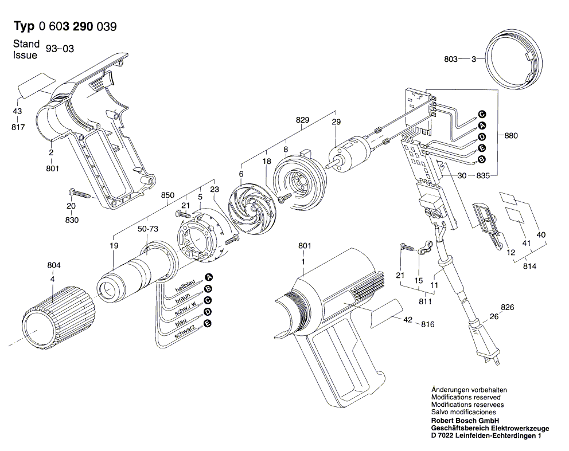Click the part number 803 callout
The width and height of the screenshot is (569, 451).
click(x=450, y=58)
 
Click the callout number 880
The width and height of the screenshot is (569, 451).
click(x=510, y=136)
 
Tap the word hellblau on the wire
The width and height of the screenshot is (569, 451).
click(x=185, y=286)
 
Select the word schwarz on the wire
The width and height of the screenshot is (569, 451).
click(x=184, y=331)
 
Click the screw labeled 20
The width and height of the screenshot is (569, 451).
click(x=80, y=193)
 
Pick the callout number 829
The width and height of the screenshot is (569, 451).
click(x=302, y=120)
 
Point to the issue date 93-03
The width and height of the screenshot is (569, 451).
click(x=60, y=49)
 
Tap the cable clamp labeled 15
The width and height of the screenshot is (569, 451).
click(x=424, y=248)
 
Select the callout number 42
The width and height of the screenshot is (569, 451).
click(x=408, y=320)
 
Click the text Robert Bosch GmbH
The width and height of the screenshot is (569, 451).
click(x=465, y=421)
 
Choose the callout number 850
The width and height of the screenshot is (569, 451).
click(x=167, y=195)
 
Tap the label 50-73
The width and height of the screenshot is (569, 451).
click(x=147, y=229)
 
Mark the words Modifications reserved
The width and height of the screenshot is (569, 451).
click(x=466, y=397)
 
